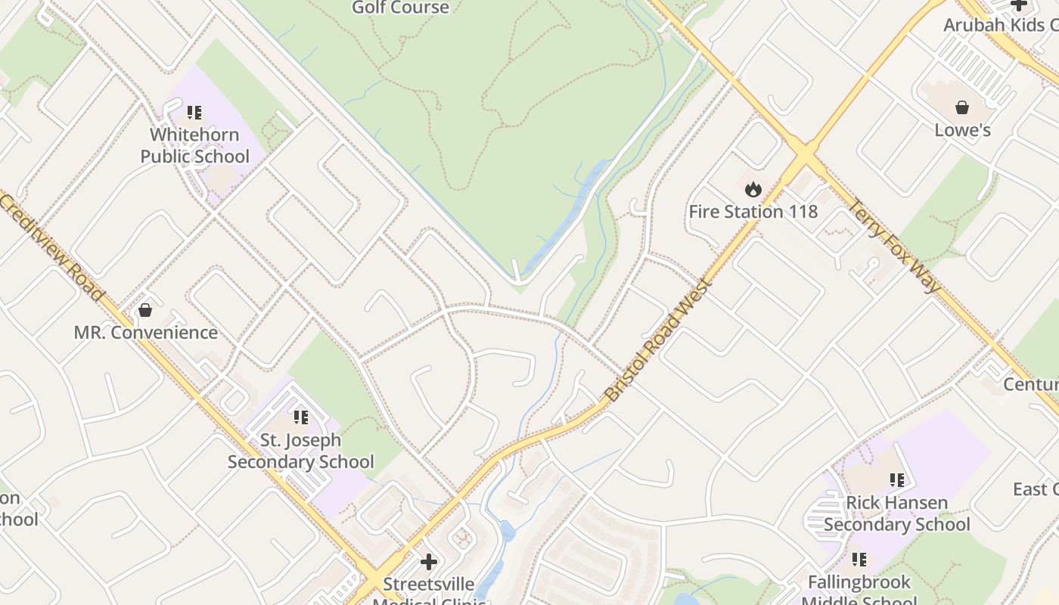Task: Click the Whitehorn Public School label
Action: point(194,145)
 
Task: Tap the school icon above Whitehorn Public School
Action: point(194,113)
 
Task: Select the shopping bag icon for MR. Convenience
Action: point(145,310)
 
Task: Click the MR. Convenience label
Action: point(145,332)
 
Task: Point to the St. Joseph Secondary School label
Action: point(300,451)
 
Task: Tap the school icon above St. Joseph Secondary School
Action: point(301,417)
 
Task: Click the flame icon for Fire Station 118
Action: point(753,189)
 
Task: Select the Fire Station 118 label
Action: point(753,211)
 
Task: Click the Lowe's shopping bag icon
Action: point(962,107)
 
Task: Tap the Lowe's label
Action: point(962,130)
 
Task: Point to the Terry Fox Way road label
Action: point(895,246)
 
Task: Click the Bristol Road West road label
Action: point(658,340)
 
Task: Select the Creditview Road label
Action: point(51,247)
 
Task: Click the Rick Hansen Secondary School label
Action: point(896,513)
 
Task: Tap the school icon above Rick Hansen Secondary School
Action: point(897,479)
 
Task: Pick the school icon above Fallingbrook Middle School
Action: point(859,560)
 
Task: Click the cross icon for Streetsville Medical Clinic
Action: point(429,562)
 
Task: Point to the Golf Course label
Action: point(400,8)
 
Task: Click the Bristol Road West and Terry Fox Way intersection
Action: point(806,155)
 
